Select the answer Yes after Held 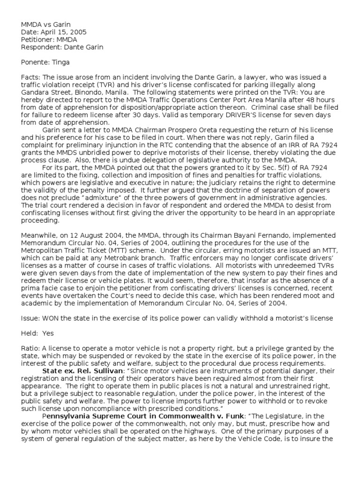click(x=48, y=333)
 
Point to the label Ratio click(x=30, y=348)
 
